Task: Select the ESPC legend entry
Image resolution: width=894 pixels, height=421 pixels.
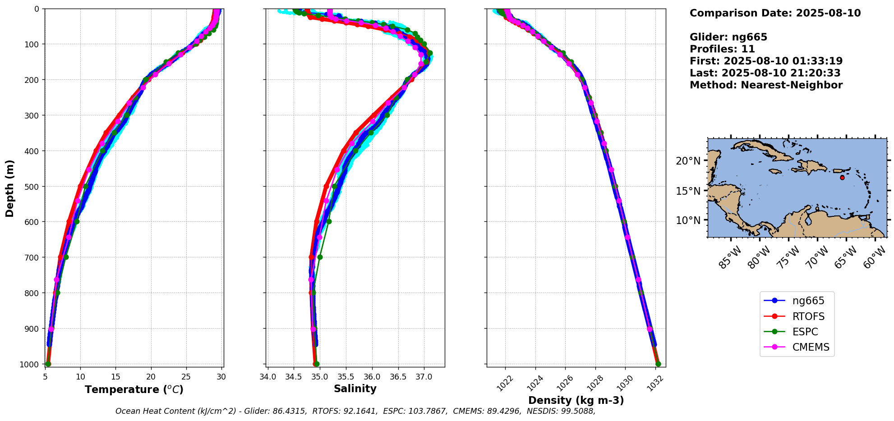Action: (805, 332)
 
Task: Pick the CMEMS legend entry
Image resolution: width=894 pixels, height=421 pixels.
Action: (811, 347)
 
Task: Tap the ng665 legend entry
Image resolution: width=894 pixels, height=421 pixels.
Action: (808, 301)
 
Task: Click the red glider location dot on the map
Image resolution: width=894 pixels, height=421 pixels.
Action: (842, 178)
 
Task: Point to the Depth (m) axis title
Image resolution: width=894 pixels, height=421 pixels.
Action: (9, 188)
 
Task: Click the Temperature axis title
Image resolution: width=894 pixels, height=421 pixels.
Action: (134, 389)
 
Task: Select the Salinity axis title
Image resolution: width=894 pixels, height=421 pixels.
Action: (355, 389)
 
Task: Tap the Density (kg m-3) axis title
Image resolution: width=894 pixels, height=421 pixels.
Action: (576, 400)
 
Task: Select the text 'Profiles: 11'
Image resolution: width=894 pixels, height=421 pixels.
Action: (722, 49)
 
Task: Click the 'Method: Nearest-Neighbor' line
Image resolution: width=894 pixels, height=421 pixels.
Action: (766, 85)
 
